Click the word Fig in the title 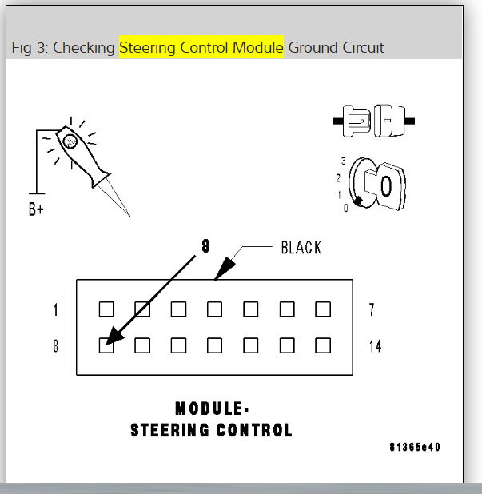point(22,48)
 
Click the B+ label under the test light point(36,212)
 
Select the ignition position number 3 point(343,161)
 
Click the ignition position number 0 point(345,208)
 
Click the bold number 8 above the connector point(205,247)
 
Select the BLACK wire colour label point(301,248)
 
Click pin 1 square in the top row point(106,309)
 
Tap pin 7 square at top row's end point(323,309)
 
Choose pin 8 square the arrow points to point(106,345)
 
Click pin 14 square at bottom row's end point(323,345)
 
